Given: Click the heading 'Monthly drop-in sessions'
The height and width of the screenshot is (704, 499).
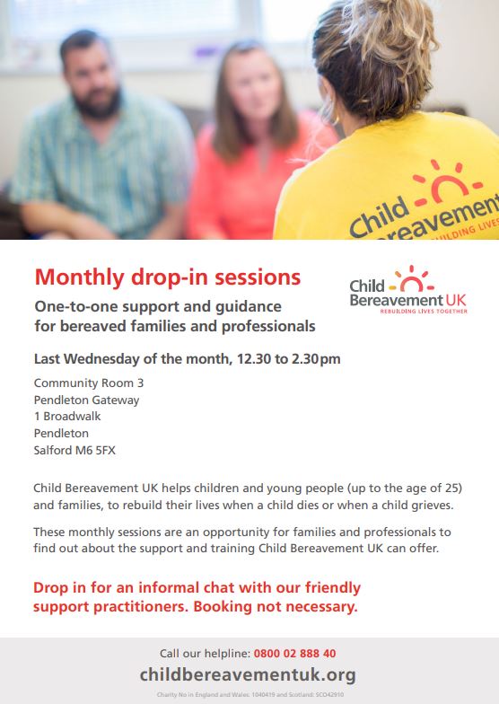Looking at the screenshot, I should [167, 276].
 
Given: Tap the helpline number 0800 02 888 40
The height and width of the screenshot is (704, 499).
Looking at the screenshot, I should [295, 654].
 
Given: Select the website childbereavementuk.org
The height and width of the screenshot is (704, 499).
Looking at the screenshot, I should [248, 674].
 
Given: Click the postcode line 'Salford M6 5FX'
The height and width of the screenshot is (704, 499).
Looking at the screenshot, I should [74, 450].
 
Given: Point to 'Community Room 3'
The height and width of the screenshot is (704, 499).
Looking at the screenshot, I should [88, 383].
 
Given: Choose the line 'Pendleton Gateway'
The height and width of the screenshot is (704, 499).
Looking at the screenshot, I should [86, 400].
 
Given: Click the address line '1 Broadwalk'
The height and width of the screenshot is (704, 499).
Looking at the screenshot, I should [67, 416].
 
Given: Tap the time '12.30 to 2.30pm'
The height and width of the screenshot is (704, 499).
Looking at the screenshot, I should [288, 359].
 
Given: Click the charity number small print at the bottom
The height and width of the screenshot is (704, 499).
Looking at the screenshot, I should [249, 695].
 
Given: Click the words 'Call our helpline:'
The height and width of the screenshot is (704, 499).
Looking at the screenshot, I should [204, 654].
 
